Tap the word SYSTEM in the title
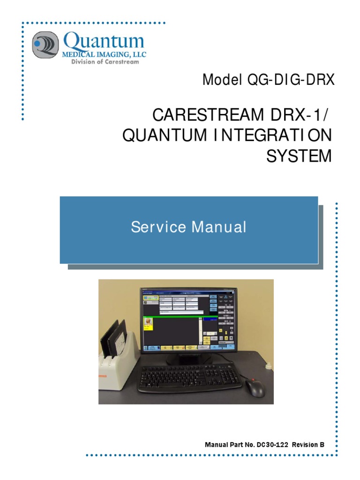tap(299, 156)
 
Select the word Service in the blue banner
tap(157, 227)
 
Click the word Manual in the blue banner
tap(218, 227)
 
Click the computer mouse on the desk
tap(255, 387)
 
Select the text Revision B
tap(308, 444)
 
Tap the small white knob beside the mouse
tap(269, 366)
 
